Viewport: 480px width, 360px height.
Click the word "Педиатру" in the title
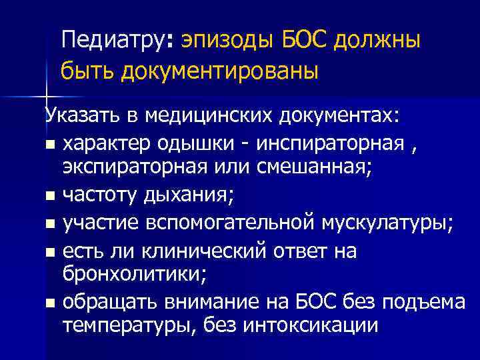116,41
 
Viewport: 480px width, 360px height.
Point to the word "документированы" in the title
220,70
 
